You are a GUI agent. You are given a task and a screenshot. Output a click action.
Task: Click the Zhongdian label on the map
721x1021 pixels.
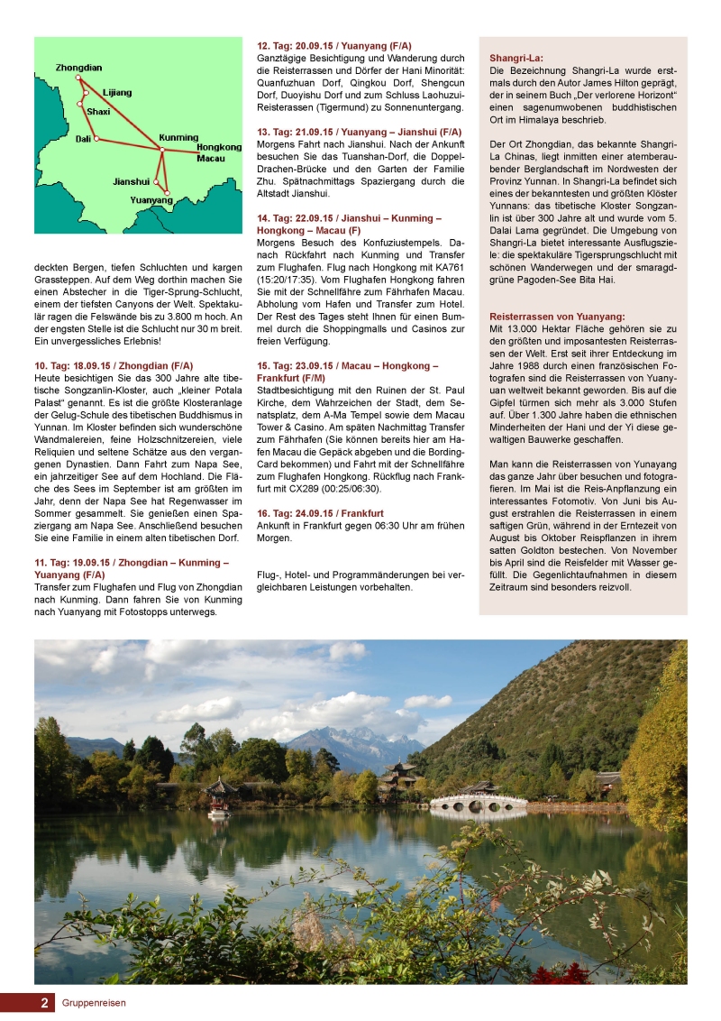click(78, 68)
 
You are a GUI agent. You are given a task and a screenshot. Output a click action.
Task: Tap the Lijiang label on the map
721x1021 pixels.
click(117, 92)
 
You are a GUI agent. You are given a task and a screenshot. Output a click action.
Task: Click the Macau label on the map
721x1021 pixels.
click(210, 158)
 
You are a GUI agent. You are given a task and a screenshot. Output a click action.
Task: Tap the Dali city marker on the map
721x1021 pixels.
click(96, 139)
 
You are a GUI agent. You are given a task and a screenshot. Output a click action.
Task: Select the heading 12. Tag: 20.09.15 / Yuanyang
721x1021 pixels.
click(334, 45)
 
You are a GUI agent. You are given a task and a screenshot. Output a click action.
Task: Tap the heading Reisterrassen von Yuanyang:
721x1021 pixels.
click(556, 316)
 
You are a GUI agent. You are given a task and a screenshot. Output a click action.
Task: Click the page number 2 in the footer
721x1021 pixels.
click(43, 1002)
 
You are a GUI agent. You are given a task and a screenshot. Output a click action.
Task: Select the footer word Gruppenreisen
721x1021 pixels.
click(94, 1002)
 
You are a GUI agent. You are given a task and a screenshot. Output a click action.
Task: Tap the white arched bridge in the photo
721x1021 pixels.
click(478, 800)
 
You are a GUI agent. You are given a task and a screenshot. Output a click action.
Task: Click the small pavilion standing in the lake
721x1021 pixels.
click(219, 794)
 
